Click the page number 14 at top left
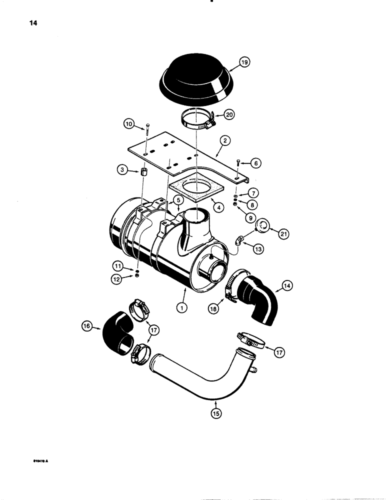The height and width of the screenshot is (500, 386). coord(23,23)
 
